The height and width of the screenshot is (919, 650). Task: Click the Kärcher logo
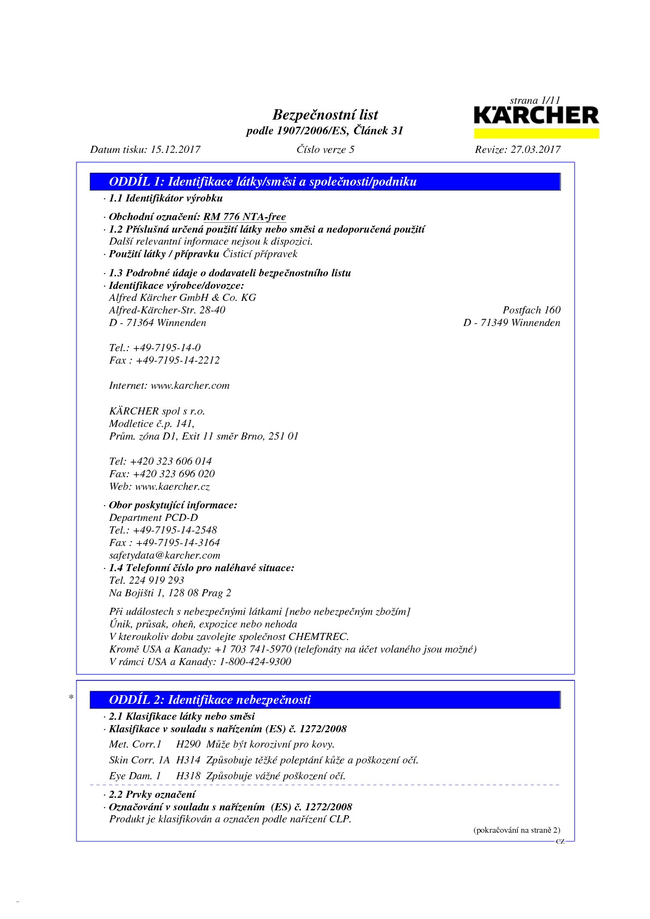(536, 116)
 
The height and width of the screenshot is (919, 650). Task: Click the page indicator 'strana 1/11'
(535, 100)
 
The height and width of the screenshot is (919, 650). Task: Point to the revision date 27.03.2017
(535, 150)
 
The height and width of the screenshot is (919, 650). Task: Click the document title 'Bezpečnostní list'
(325, 115)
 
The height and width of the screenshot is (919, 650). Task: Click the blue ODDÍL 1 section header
(325, 182)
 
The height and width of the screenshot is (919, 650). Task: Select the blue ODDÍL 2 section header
(325, 699)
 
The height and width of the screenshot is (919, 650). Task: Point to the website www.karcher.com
(190, 386)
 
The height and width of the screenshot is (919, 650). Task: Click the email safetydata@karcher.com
(164, 555)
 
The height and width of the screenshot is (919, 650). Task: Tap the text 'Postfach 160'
(531, 310)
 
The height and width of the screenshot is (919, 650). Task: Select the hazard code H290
(188, 744)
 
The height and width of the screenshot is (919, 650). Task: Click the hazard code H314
(188, 760)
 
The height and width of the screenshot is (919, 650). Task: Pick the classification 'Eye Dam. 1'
(135, 776)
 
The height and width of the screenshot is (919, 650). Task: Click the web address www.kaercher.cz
(172, 487)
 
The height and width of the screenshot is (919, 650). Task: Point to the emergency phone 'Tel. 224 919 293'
(146, 580)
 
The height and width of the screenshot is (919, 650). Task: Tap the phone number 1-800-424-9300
(255, 662)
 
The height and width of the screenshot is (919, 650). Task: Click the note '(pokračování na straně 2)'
(516, 830)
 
